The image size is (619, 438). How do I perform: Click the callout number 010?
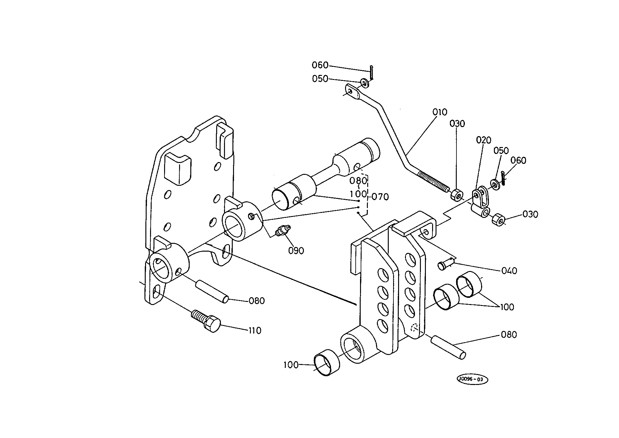tap(440, 112)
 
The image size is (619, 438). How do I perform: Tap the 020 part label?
tap(484, 140)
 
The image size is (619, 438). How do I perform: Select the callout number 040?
tap(509, 271)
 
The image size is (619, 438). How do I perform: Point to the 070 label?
tap(380, 197)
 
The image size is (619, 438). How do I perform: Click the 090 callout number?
tap(296, 251)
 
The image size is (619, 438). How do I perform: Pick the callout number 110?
tap(255, 331)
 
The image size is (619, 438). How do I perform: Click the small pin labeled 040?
tap(445, 264)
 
